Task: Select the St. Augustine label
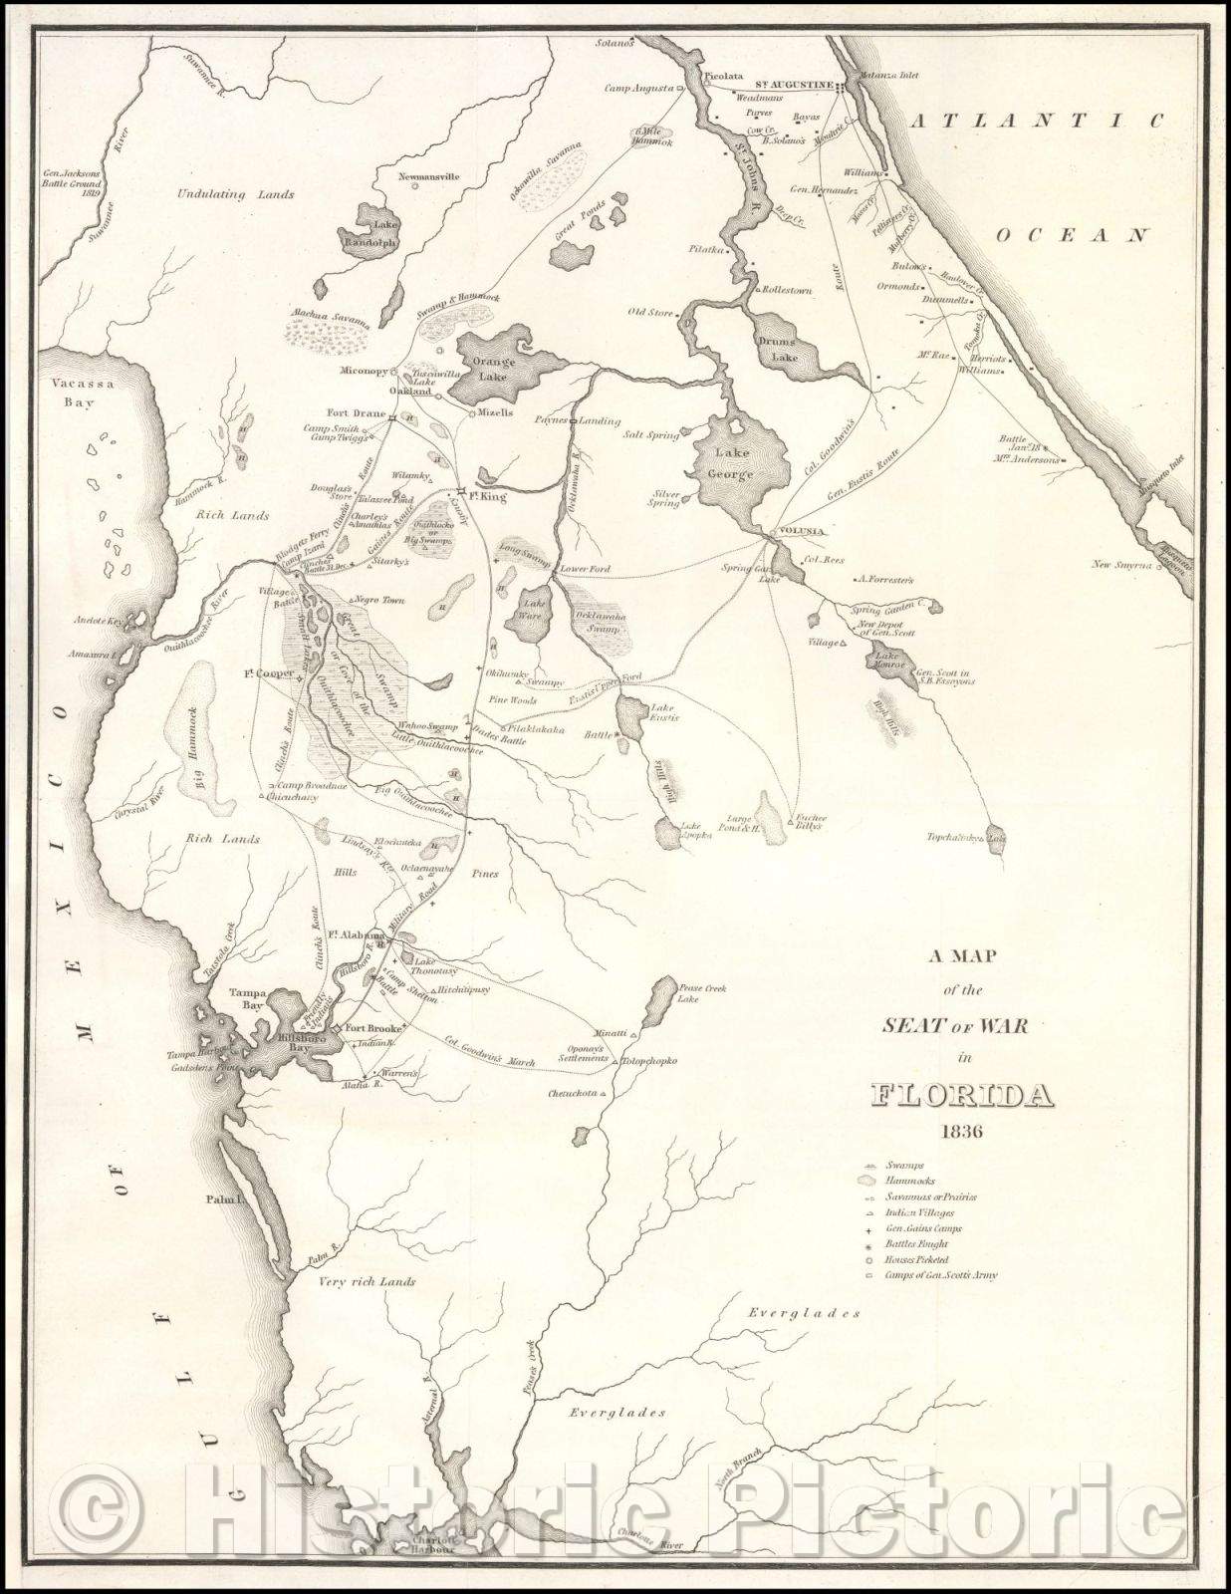coord(793,86)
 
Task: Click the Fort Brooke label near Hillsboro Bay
coord(374,1028)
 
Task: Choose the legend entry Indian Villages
coord(919,1212)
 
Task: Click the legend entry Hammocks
coord(910,1180)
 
